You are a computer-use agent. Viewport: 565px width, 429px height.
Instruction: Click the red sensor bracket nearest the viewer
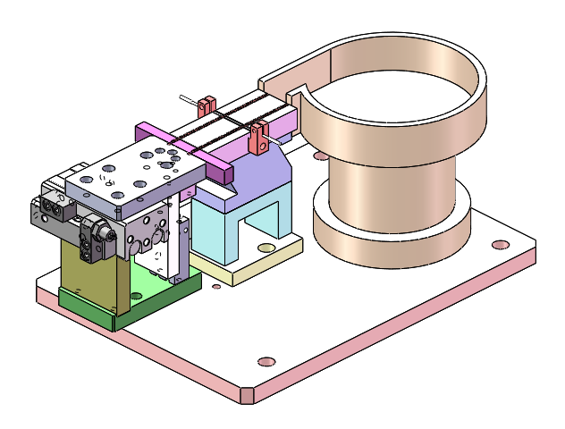click(259, 138)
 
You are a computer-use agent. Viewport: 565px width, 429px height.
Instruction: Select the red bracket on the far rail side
click(207, 105)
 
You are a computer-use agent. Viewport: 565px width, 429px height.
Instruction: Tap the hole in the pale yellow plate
click(266, 247)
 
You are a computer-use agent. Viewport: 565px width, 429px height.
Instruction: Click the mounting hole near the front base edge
click(266, 361)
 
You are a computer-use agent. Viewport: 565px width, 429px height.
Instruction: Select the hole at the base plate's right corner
click(501, 244)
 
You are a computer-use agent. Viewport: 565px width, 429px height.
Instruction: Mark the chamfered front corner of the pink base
click(249, 393)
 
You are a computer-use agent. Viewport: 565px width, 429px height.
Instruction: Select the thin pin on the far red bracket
click(188, 99)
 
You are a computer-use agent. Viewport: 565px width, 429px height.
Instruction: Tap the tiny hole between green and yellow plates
click(215, 287)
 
